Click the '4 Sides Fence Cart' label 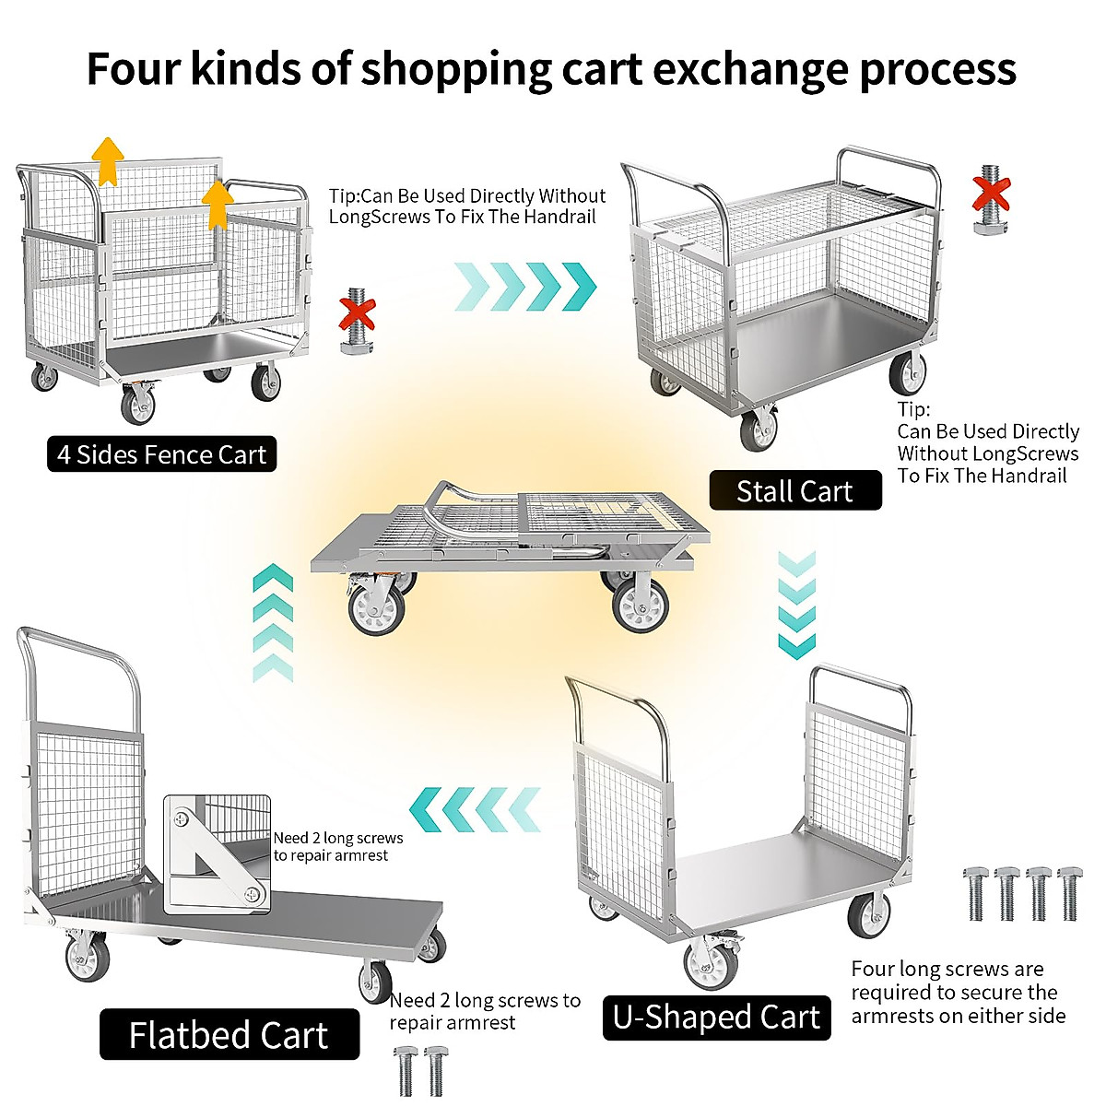161,454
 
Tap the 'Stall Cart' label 794,491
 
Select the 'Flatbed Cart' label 229,1035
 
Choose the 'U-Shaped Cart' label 716,1017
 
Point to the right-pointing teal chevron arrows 525,286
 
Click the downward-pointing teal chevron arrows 797,605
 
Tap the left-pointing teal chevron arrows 475,810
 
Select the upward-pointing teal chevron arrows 273,623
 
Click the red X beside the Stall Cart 992,194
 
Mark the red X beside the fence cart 357,313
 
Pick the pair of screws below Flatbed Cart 422,1070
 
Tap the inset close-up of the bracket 218,853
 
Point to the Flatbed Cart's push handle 78,645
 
